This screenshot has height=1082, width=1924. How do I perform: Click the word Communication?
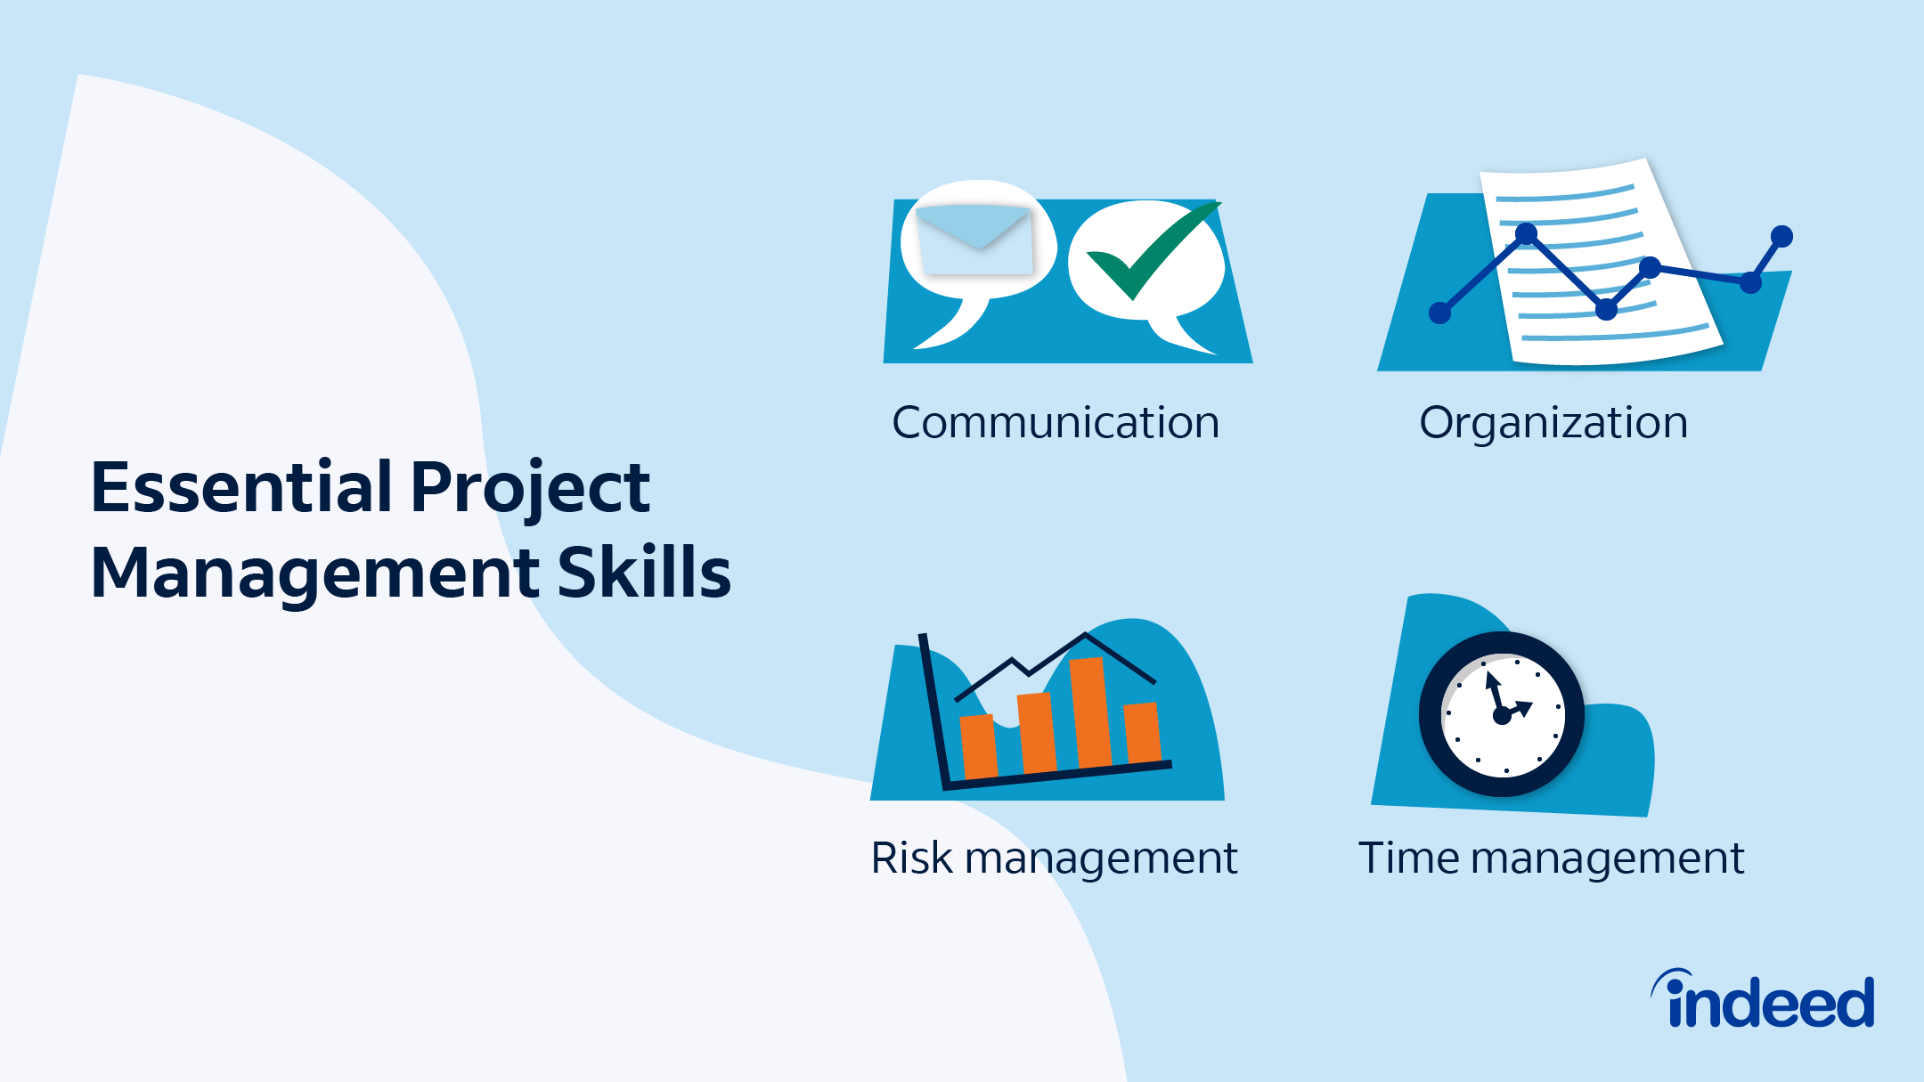click(1056, 422)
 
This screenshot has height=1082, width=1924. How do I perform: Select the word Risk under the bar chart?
click(912, 858)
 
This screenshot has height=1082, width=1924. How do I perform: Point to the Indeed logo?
click(1764, 998)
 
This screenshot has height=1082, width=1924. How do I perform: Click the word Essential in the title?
click(241, 487)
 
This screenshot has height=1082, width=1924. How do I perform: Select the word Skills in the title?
click(644, 573)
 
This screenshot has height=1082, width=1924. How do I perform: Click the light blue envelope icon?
click(974, 239)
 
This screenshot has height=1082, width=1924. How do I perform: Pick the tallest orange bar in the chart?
click(1090, 712)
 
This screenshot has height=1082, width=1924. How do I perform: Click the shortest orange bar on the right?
click(1143, 732)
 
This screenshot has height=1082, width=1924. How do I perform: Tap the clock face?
click(1502, 714)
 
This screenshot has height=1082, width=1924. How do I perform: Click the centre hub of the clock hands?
click(1502, 715)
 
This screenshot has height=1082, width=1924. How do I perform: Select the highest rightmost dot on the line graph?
click(1781, 236)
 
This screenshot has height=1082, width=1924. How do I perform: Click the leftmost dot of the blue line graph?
click(1439, 313)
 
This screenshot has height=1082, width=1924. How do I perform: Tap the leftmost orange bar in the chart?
click(978, 746)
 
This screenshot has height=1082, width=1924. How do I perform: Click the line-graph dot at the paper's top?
click(1526, 234)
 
